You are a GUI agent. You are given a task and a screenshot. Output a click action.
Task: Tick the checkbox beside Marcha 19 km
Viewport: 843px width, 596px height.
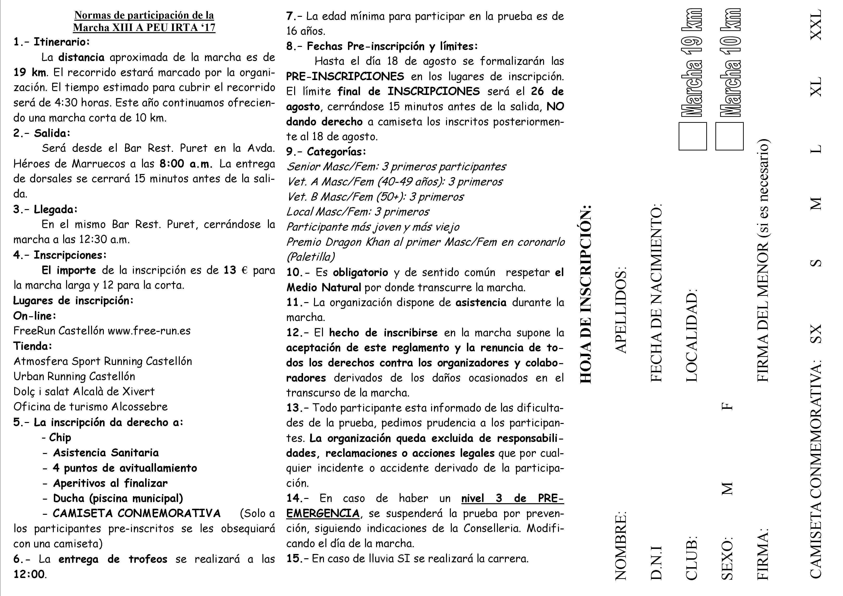click(x=693, y=137)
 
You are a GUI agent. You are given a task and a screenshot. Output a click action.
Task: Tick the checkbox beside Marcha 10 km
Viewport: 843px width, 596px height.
click(x=729, y=137)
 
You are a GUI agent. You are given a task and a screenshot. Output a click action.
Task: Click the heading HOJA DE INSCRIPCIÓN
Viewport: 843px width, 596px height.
click(x=585, y=293)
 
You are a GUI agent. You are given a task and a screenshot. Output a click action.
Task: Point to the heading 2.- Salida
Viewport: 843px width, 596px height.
click(x=42, y=133)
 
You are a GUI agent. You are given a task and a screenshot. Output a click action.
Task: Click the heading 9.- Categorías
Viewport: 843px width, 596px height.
click(x=326, y=152)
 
